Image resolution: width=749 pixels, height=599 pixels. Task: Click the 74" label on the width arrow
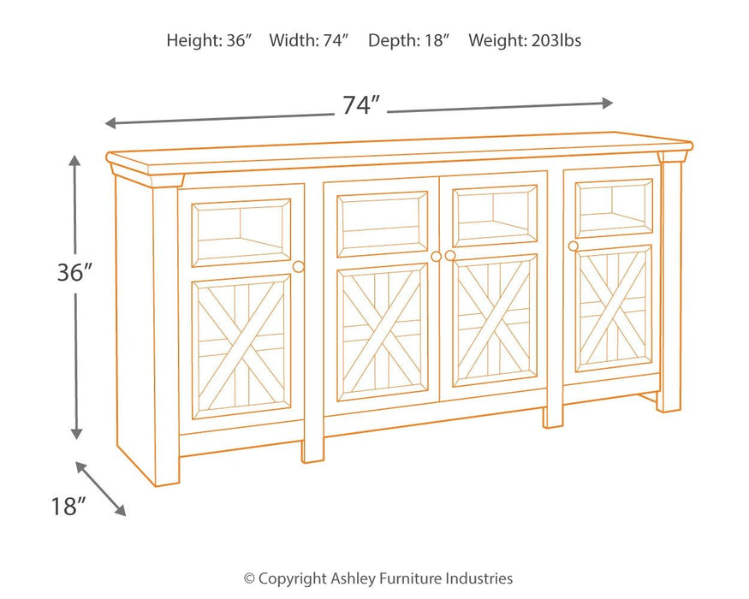(360, 105)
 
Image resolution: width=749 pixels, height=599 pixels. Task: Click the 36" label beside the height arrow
(74, 273)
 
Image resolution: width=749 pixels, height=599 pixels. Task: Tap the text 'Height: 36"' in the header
(209, 40)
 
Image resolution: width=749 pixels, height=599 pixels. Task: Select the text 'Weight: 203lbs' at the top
(525, 40)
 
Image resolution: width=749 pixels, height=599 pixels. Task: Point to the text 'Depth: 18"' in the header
(408, 40)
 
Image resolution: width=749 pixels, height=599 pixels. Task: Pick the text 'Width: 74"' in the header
(309, 40)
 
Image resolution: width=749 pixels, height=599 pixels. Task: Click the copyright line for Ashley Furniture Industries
(377, 578)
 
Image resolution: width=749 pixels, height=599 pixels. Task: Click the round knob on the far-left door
(298, 267)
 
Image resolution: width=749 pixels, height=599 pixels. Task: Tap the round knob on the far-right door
(574, 246)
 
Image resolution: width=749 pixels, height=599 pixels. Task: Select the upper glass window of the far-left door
(241, 232)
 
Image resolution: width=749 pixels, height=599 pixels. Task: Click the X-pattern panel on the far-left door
(241, 346)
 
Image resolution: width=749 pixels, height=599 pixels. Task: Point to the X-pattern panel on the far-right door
(613, 308)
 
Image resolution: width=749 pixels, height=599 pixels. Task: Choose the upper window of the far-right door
(614, 208)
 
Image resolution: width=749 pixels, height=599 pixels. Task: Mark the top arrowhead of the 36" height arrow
(75, 161)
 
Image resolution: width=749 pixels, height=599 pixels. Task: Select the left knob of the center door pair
(436, 257)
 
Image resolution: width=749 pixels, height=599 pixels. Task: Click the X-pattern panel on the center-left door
(383, 332)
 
